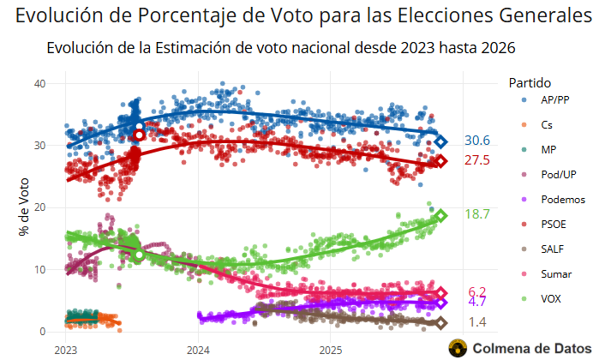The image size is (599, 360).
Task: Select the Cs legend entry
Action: tap(546, 125)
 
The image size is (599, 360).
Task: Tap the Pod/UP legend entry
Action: tap(557, 175)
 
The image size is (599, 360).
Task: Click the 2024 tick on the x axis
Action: tap(199, 350)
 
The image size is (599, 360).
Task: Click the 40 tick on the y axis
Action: tap(39, 83)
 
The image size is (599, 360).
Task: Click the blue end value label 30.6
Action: tap(477, 141)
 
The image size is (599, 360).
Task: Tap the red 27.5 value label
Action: tap(477, 160)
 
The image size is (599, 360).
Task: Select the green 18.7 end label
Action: tap(477, 214)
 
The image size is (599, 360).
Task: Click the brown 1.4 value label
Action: tap(477, 322)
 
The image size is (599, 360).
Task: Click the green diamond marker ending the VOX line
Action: tap(440, 216)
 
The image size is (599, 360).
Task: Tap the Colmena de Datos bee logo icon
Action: tap(458, 347)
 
